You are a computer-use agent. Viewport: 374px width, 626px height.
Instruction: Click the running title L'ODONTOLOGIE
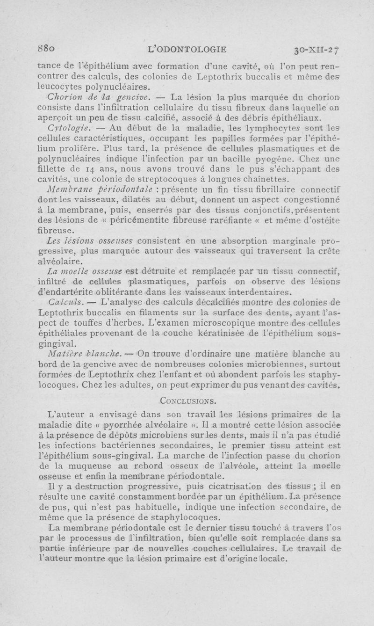click(187, 48)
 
